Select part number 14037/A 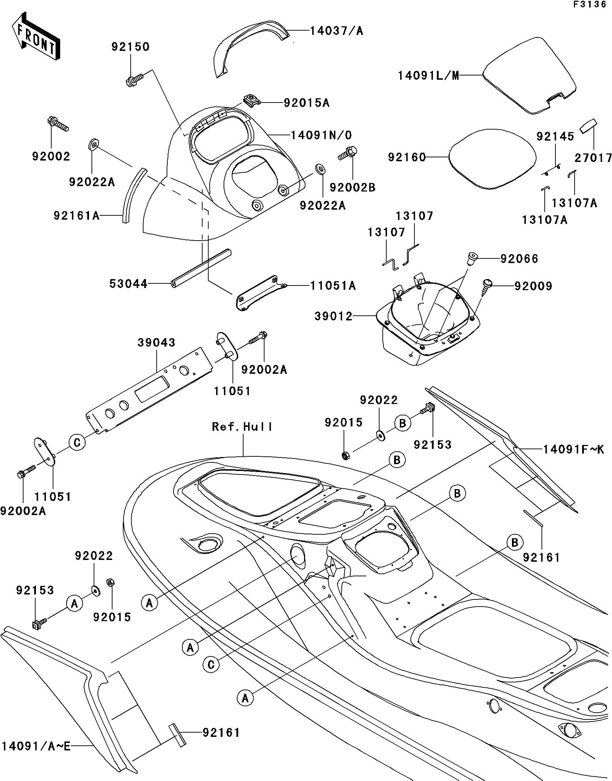pyautogui.click(x=336, y=31)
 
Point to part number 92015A pyautogui.click(x=307, y=103)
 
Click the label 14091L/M pyautogui.click(x=429, y=76)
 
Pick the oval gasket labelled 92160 pyautogui.click(x=492, y=159)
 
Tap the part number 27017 pyautogui.click(x=593, y=158)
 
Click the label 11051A pyautogui.click(x=333, y=285)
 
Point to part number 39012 pyautogui.click(x=333, y=316)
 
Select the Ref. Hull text pyautogui.click(x=242, y=427)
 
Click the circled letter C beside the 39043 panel pyautogui.click(x=77, y=443)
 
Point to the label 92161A pyautogui.click(x=76, y=216)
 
